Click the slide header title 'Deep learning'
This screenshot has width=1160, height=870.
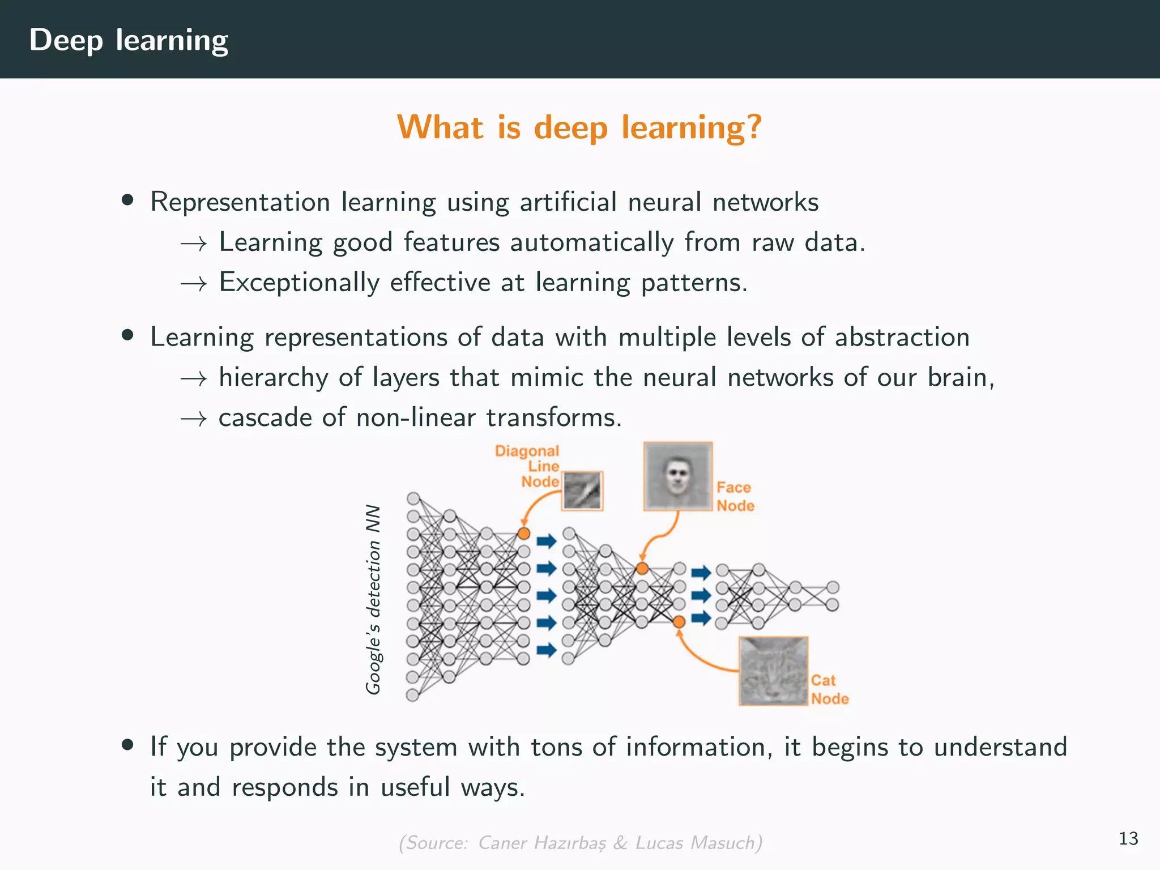129,40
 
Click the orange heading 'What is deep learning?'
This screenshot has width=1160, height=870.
579,127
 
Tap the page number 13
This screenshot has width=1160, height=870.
1128,838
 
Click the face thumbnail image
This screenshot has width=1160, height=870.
677,476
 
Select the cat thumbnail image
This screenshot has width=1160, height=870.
773,671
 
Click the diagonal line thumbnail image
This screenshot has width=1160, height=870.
582,491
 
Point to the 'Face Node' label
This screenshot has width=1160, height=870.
735,496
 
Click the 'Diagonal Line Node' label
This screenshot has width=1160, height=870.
527,466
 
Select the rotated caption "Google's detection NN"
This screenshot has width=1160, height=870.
373,599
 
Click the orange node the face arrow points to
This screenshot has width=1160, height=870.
642,568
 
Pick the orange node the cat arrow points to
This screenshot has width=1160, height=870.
679,622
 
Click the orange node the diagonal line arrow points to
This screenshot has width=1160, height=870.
524,533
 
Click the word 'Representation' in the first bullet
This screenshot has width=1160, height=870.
240,202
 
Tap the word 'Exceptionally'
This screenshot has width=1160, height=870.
299,283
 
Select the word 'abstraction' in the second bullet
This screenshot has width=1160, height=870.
902,337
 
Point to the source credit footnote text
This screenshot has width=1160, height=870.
580,843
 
